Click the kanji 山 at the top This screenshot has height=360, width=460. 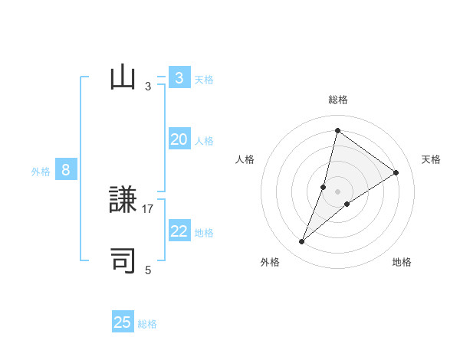[x=123, y=79]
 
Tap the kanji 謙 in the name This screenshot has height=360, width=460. [x=123, y=201]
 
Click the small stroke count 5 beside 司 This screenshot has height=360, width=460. [x=148, y=270]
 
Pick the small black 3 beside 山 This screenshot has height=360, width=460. [x=148, y=87]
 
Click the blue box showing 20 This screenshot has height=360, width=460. [x=179, y=139]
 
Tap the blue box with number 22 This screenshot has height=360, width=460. [x=179, y=231]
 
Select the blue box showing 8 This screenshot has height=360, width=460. [x=66, y=170]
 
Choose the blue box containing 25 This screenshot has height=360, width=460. [x=123, y=322]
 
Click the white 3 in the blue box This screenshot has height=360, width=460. [x=179, y=78]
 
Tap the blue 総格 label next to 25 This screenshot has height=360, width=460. [x=147, y=324]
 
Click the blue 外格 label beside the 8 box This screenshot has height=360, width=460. [x=41, y=172]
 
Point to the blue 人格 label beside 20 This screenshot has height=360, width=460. [x=204, y=141]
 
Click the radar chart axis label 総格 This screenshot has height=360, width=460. [x=338, y=100]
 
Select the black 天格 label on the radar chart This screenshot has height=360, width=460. [x=432, y=159]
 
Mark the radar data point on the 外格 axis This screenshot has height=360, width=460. [x=302, y=242]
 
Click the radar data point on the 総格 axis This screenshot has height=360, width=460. [x=337, y=130]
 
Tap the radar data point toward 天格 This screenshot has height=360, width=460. [x=396, y=172]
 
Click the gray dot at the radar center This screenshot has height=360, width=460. [x=337, y=191]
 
